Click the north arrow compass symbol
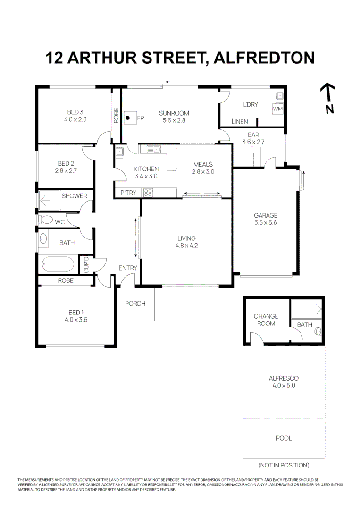328,93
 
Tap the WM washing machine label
277,109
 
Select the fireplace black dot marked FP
127,118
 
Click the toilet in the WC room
46,220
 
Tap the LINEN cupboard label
240,122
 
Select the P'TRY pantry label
128,193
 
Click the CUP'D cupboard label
86,264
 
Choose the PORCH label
135,303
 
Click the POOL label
284,438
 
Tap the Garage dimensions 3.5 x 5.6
266,222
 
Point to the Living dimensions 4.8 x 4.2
186,246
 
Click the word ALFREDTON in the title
264,58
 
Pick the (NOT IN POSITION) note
284,465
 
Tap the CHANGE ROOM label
266,320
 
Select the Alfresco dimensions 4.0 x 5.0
284,385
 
